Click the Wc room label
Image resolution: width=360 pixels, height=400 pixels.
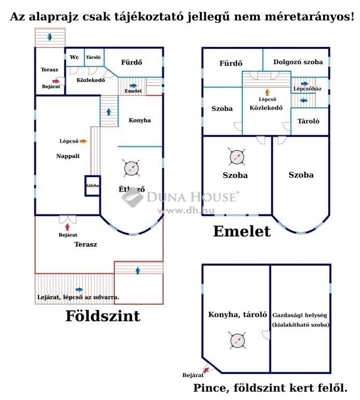[x=74, y=57]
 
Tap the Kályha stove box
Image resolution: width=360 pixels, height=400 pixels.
[x=93, y=185]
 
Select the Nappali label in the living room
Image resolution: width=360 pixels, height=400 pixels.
[x=68, y=156]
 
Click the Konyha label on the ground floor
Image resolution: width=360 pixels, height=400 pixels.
[x=139, y=120]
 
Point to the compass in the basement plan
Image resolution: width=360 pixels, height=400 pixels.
[x=237, y=341]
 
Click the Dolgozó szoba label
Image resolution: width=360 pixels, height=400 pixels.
[x=298, y=62]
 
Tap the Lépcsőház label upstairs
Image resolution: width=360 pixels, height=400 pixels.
[x=307, y=89]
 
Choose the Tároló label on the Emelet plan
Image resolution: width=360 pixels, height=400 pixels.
[x=308, y=121]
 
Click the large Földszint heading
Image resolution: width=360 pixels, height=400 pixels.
[x=103, y=316]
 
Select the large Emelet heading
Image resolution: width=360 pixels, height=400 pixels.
[x=242, y=231]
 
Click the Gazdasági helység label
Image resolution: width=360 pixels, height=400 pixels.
[x=300, y=315]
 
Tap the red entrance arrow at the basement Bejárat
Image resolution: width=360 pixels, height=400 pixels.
[x=206, y=369]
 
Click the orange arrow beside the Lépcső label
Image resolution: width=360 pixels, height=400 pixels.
[x=83, y=141]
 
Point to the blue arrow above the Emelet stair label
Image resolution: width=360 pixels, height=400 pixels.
[x=133, y=86]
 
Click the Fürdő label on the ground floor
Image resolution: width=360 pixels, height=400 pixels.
[x=132, y=63]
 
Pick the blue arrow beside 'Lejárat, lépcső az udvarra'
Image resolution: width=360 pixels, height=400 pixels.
[x=79, y=290]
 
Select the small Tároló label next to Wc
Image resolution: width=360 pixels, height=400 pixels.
[x=93, y=57]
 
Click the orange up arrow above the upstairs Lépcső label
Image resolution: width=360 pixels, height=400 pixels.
[x=267, y=92]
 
